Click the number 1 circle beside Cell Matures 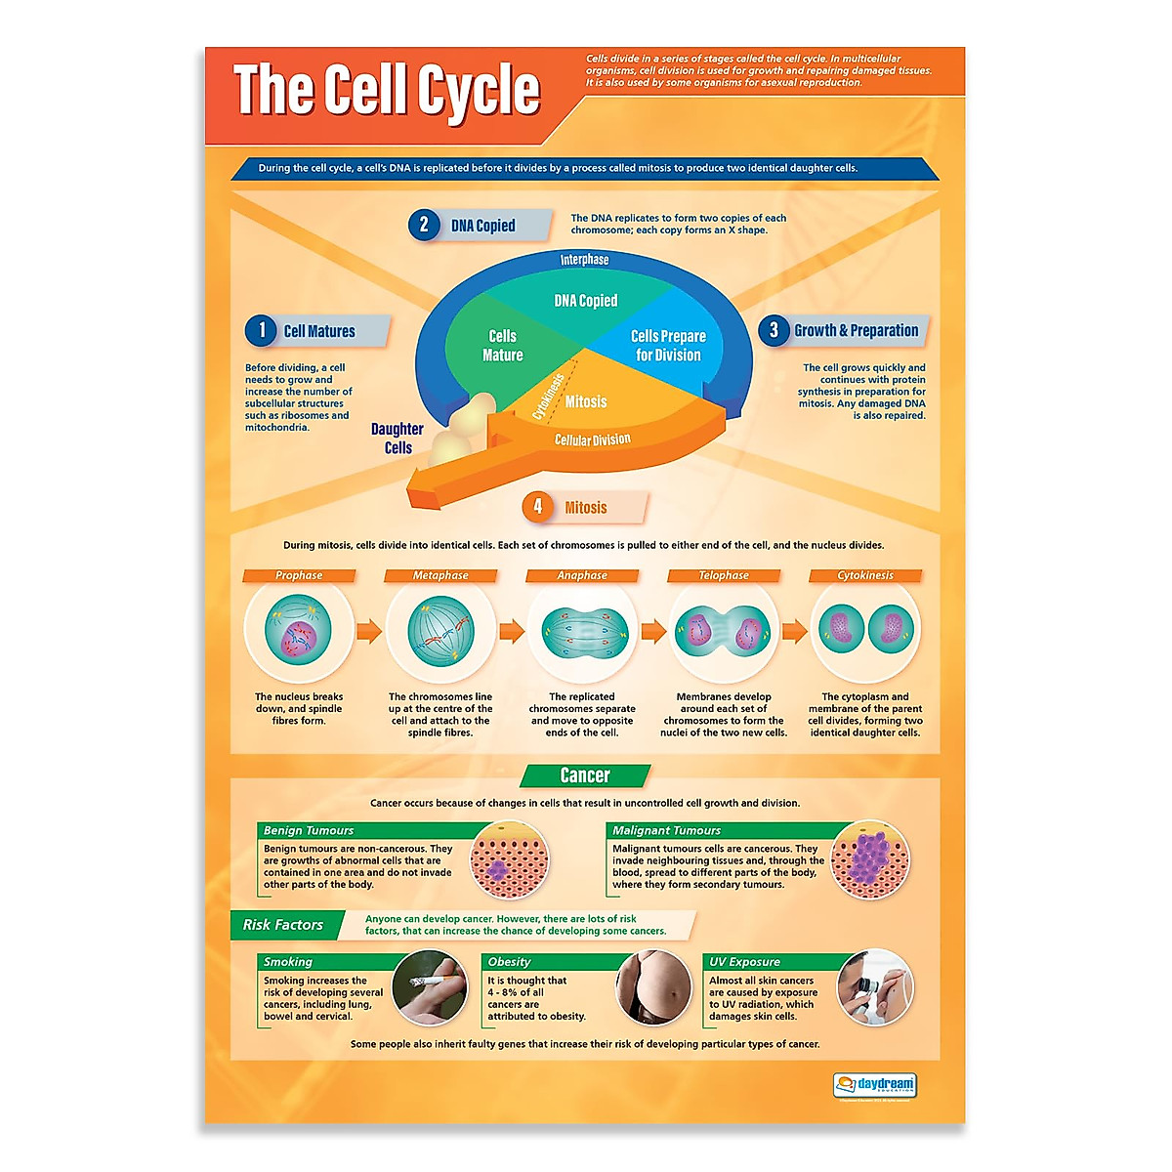(261, 330)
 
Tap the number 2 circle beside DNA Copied (424, 225)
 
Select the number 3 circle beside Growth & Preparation (774, 330)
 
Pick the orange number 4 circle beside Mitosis (537, 506)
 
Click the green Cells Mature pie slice (499, 347)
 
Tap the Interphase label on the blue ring (584, 260)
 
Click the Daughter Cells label (398, 438)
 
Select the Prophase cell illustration (299, 631)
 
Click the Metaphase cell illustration (440, 631)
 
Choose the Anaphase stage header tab (582, 575)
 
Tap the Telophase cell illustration (724, 631)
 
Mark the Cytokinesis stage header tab (865, 575)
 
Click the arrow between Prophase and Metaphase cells (369, 631)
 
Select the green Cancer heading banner (585, 775)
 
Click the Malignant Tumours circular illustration (870, 860)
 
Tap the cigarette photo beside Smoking (430, 988)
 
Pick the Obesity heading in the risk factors (510, 962)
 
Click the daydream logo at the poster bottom (875, 1085)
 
